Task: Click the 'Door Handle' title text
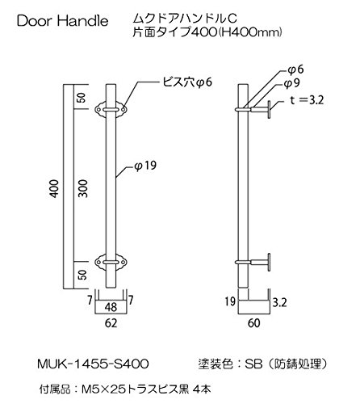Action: (62, 21)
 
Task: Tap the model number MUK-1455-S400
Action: (93, 364)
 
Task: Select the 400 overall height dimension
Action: (55, 189)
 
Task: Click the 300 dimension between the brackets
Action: (83, 188)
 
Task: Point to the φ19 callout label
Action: (145, 166)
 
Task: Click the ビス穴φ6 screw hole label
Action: (187, 82)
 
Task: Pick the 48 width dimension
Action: (111, 307)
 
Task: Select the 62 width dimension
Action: (111, 323)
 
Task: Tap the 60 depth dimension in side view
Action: (253, 323)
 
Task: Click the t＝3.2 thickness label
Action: (307, 100)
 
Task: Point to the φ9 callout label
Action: (292, 84)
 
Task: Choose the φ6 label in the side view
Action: (295, 69)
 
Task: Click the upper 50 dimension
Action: (83, 98)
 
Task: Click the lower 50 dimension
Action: (83, 275)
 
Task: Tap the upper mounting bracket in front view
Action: (111, 110)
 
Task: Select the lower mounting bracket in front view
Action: (111, 262)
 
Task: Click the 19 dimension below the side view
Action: (230, 301)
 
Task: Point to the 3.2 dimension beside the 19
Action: (279, 303)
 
